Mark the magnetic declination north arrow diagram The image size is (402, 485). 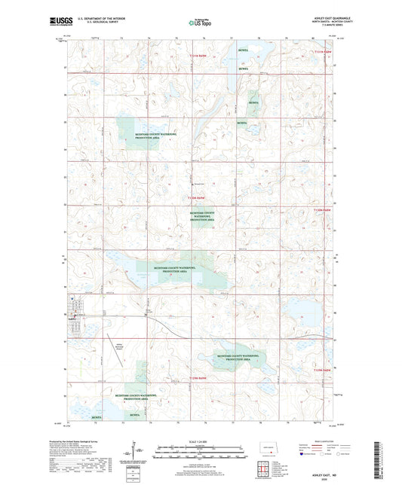tap(139, 450)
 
